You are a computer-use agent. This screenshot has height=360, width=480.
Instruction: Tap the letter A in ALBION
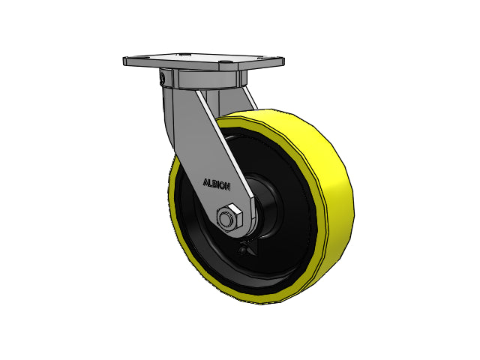tap(205, 181)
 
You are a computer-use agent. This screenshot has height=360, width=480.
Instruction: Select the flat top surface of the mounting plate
tap(202, 60)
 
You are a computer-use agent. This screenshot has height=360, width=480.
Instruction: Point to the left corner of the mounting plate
tap(124, 60)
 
